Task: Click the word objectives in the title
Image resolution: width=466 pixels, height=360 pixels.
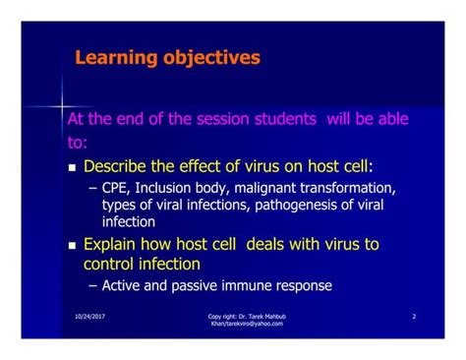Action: coord(207,58)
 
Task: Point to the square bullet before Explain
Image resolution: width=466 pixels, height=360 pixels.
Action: coord(72,245)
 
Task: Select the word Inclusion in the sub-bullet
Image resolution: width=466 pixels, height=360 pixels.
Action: coord(165,189)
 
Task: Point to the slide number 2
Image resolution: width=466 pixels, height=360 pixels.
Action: coord(414,317)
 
